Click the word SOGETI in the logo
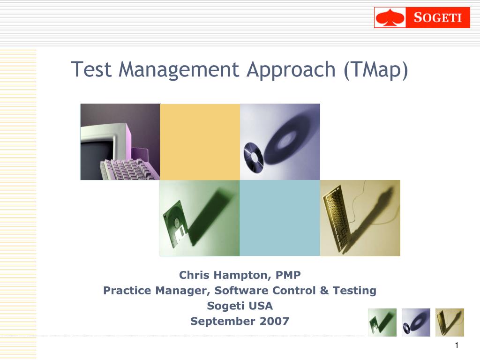pos(438,17)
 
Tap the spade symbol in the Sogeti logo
pos(390,18)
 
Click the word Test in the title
pos(91,69)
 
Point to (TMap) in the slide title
pos(376,70)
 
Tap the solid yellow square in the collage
pos(200,142)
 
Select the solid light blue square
pos(280,218)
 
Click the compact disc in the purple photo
pos(254,154)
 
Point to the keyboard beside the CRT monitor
pos(129,169)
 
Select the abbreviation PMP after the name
pos(288,275)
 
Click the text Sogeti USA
pos(240,306)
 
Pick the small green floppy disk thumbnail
pos(382,322)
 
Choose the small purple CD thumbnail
pos(416,322)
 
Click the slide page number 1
pos(457,345)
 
